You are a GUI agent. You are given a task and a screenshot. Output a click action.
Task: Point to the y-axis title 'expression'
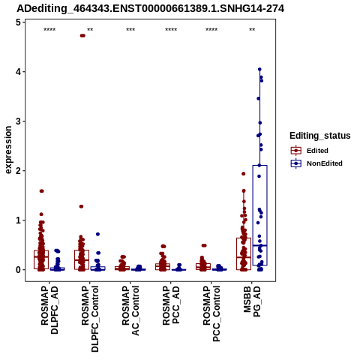point(8,150)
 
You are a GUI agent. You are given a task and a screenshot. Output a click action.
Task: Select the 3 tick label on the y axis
point(18,121)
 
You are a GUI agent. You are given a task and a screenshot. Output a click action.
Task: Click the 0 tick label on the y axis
point(18,270)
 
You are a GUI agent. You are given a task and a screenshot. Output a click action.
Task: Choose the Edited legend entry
point(310,151)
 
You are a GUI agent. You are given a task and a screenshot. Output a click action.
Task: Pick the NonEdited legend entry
point(316,163)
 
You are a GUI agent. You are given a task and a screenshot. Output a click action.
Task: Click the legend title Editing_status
point(319,136)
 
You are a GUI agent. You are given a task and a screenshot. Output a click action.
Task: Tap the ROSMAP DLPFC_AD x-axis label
point(49,310)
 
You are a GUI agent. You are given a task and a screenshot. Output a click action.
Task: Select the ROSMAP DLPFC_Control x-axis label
point(90,319)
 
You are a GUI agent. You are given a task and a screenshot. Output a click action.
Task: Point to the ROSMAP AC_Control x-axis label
point(130,310)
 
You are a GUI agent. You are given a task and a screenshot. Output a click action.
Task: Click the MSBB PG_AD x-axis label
point(252,301)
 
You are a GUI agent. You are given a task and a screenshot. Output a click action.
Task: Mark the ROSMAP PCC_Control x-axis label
point(211,313)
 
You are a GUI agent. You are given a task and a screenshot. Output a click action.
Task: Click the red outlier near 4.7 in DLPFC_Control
point(82,35)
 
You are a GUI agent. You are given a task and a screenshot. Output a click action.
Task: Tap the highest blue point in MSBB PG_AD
point(259,69)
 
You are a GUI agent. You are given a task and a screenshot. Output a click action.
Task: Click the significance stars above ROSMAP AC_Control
point(130,30)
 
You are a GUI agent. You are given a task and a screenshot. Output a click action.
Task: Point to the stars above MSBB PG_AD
point(252,30)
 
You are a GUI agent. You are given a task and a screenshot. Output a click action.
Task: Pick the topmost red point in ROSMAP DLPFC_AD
point(42,191)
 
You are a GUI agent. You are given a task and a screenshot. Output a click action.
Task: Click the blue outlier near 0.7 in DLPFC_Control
point(97,234)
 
